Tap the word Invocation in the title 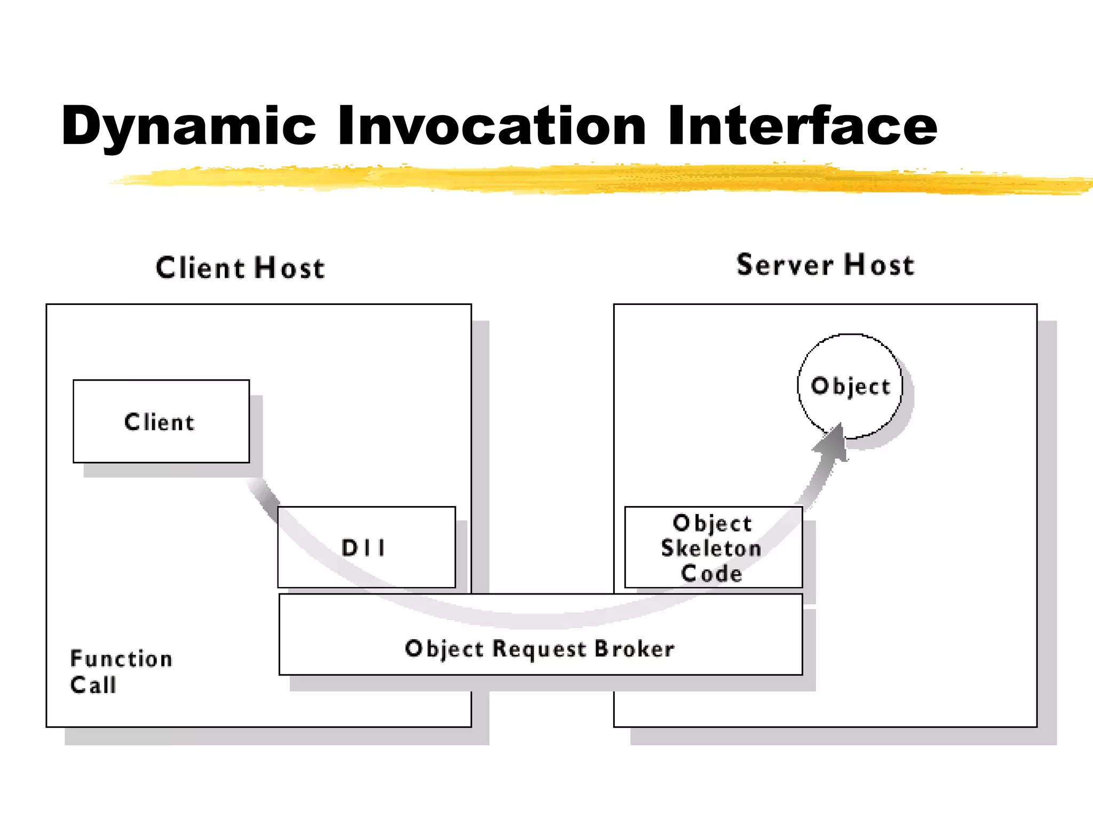pyautogui.click(x=492, y=126)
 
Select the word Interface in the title pyautogui.click(x=802, y=126)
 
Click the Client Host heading pyautogui.click(x=240, y=268)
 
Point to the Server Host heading pyautogui.click(x=825, y=265)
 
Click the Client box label pyautogui.click(x=160, y=422)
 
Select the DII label pyautogui.click(x=363, y=548)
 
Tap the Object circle pyautogui.click(x=850, y=386)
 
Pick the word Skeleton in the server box pyautogui.click(x=711, y=549)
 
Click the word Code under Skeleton pyautogui.click(x=712, y=574)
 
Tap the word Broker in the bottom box pyautogui.click(x=635, y=649)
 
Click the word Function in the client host pyautogui.click(x=122, y=659)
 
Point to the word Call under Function pyautogui.click(x=93, y=685)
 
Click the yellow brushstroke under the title pyautogui.click(x=587, y=179)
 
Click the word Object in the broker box pyautogui.click(x=444, y=649)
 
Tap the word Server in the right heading pyautogui.click(x=785, y=265)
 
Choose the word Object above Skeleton pyautogui.click(x=712, y=524)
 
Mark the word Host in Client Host pyautogui.click(x=289, y=268)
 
